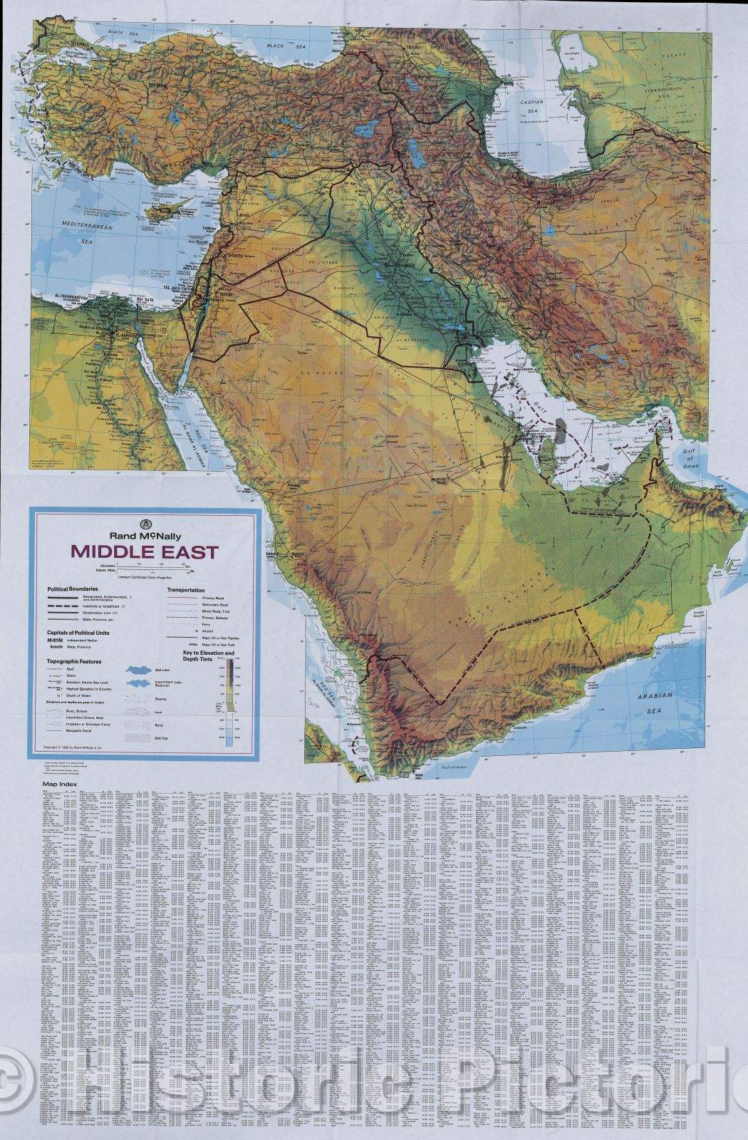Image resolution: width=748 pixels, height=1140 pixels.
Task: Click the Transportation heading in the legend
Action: point(186,590)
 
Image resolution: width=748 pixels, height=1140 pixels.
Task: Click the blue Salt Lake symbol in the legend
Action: point(140,670)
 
